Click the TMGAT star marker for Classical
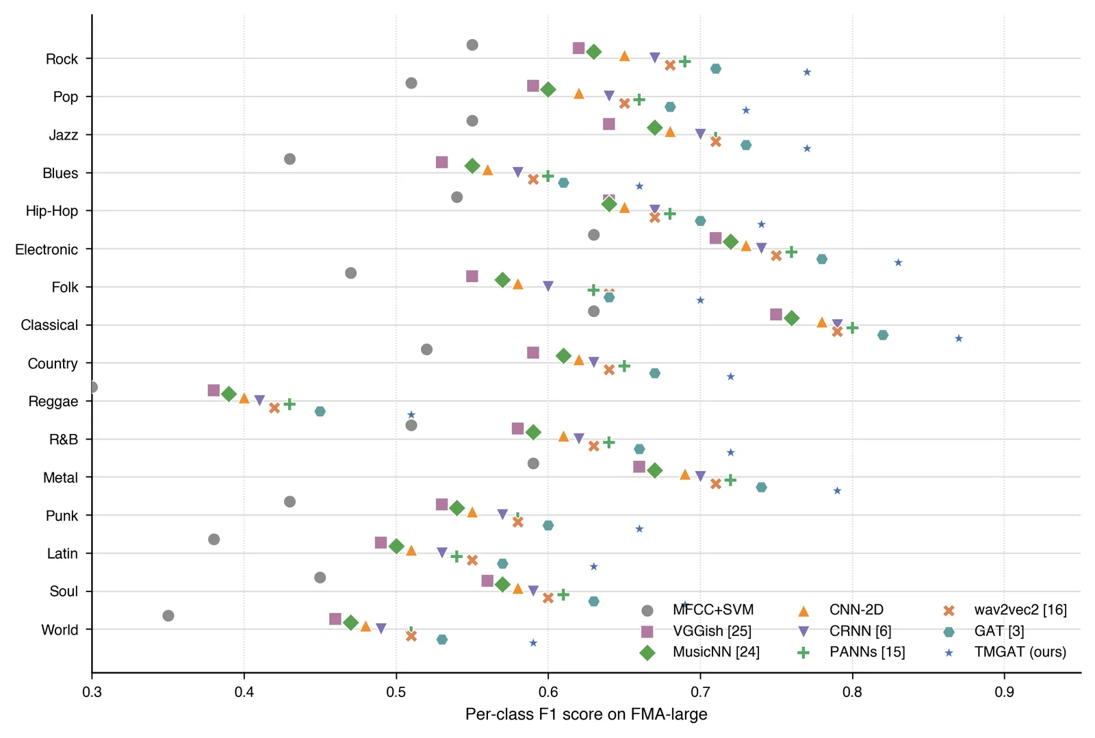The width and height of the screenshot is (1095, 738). (x=959, y=338)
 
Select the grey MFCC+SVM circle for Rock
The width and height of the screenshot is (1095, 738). (x=472, y=45)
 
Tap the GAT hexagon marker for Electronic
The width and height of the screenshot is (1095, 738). (x=822, y=259)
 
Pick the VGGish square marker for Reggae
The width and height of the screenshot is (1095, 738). (x=214, y=390)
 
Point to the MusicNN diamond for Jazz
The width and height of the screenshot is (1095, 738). (x=654, y=128)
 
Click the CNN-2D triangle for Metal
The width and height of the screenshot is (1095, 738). (x=685, y=474)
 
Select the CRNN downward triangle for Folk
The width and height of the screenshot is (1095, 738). (x=548, y=286)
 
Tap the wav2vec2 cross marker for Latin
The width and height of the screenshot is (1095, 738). (x=472, y=560)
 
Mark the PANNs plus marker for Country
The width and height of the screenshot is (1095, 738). (x=623, y=366)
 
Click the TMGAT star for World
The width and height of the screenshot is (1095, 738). (x=533, y=643)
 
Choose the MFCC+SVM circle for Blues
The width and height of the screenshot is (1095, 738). (x=290, y=159)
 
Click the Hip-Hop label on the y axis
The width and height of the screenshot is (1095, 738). (x=52, y=211)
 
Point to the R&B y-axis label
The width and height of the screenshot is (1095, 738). (x=64, y=440)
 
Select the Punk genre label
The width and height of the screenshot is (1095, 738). (x=62, y=516)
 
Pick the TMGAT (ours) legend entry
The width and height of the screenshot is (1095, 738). (x=1007, y=652)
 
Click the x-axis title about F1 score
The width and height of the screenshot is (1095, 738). (x=586, y=715)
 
